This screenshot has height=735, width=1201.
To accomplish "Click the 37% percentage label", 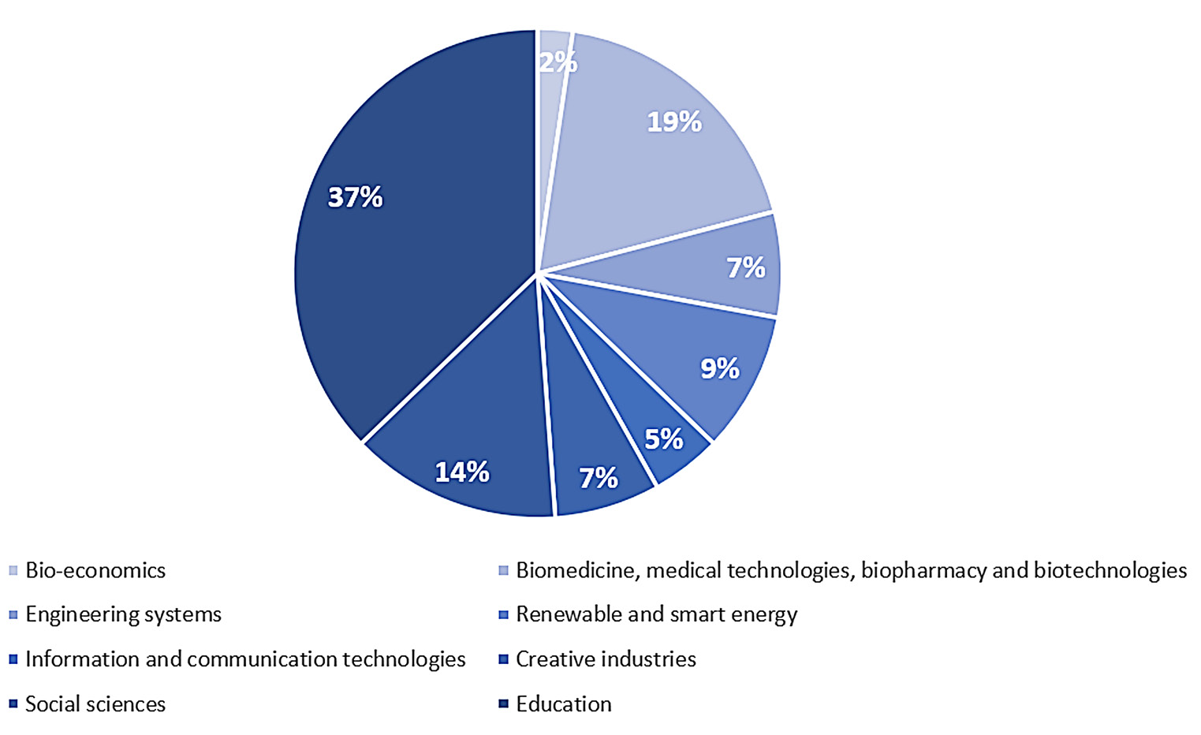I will (355, 197).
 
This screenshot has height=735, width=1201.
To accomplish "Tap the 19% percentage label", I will (674, 122).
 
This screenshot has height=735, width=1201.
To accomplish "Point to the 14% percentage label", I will (462, 472).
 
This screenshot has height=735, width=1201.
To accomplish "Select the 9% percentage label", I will (720, 368).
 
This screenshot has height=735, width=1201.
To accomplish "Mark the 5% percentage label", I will (664, 439).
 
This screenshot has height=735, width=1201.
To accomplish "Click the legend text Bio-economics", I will (95, 570).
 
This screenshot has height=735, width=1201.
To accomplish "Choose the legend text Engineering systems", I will (123, 614).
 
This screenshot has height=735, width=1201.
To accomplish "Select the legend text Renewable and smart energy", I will (656, 614).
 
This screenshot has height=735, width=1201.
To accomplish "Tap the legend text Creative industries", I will (606, 659).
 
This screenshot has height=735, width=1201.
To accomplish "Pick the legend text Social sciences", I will (95, 704).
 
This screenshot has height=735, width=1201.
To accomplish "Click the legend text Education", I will (563, 704).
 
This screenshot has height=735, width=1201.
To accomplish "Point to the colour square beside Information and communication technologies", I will (13, 659).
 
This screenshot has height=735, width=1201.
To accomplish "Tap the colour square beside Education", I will (503, 704).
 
